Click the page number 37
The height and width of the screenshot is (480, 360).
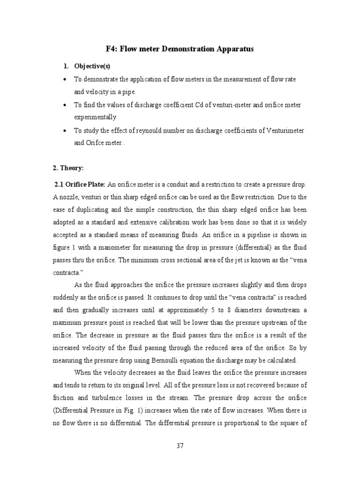[180, 446]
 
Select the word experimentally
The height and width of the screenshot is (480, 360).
[95, 117]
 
